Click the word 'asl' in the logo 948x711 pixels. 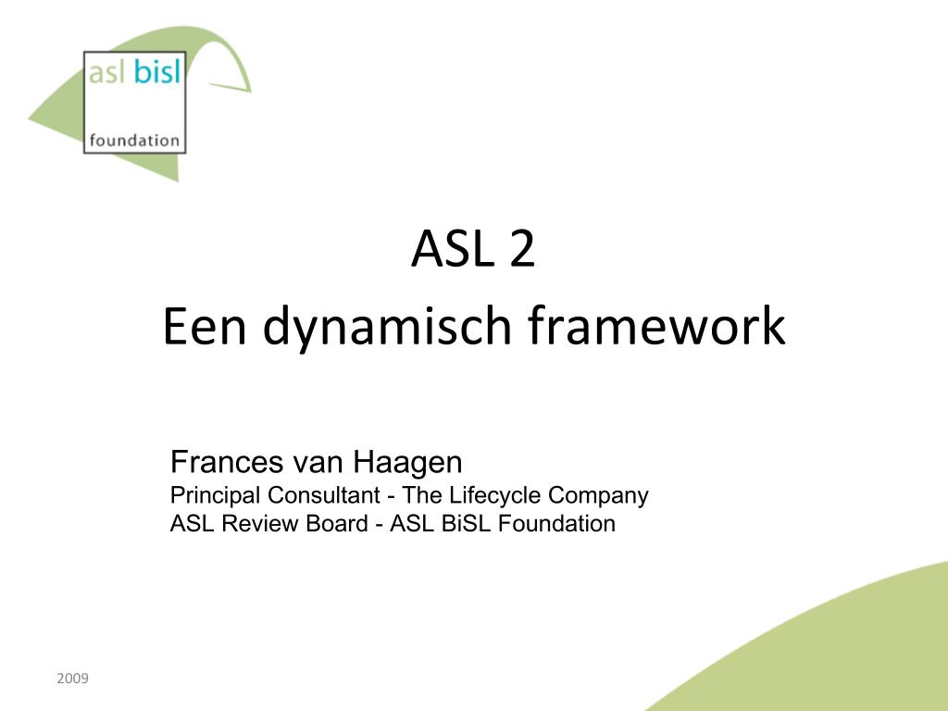pos(106,72)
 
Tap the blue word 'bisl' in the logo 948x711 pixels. pos(157,71)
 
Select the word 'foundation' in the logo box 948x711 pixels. pos(134,141)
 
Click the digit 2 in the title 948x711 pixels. pos(522,248)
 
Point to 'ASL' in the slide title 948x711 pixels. pos(451,248)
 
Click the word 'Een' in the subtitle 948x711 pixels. pos(205,326)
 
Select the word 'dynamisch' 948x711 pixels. pos(388,329)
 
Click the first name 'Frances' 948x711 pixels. pos(227,462)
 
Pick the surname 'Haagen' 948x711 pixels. pos(407,465)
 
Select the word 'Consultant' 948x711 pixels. pos(324,495)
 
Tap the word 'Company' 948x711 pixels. pos(598,497)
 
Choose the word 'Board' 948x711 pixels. pos(337,524)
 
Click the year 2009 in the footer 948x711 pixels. pos(72,679)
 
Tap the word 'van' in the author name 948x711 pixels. pos(318,465)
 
